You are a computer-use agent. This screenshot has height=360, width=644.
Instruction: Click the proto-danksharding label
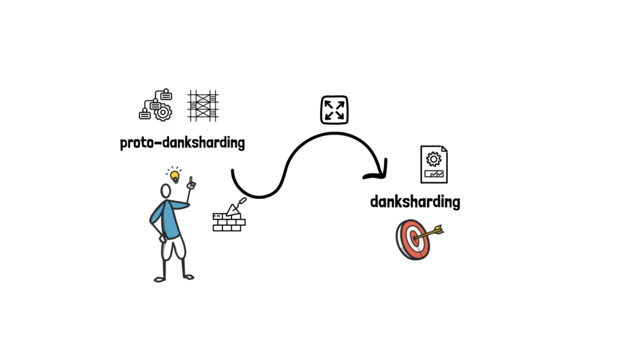[182, 143]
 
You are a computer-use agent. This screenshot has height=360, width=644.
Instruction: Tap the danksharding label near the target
[415, 202]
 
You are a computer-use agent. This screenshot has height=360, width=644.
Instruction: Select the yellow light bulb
[174, 176]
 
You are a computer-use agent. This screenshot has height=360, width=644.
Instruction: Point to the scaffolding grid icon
[203, 105]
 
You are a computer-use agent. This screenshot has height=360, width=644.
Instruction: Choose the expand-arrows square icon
[334, 110]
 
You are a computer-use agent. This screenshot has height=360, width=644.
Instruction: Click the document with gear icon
[434, 164]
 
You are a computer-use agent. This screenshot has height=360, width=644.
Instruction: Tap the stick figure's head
[165, 191]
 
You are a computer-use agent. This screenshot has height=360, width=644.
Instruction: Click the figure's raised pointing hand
[191, 184]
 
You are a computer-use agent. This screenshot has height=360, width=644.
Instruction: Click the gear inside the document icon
[433, 158]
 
